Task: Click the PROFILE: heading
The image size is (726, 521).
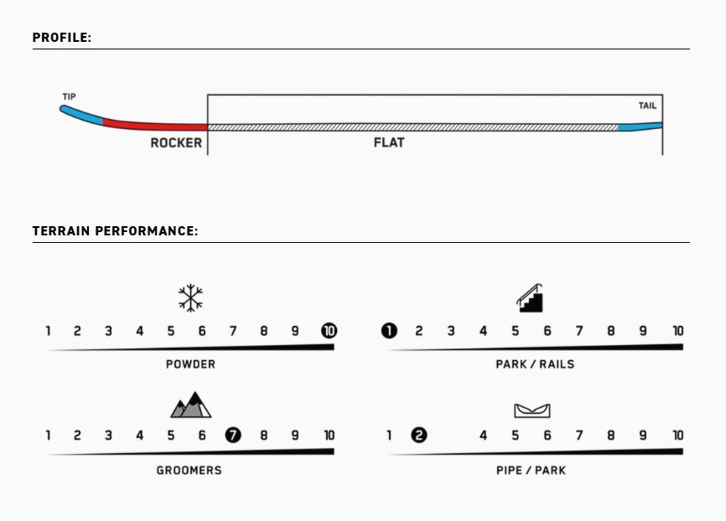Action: pos(62,38)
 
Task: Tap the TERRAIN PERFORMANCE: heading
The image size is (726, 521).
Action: pos(116,231)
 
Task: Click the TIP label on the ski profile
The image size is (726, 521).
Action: pos(69,96)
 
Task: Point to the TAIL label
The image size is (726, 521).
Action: pos(647,106)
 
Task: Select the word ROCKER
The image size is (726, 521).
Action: pos(176,143)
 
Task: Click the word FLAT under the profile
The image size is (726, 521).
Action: pos(389,142)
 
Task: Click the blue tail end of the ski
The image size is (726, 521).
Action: pos(640,126)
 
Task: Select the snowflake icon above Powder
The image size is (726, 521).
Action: pos(191,298)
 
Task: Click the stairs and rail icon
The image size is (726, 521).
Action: pos(530,298)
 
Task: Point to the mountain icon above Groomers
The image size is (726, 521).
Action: pos(191,405)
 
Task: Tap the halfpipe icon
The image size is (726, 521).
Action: pos(532,410)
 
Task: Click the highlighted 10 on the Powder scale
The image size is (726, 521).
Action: pos(329,331)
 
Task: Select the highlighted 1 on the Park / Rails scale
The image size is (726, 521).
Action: pos(389,331)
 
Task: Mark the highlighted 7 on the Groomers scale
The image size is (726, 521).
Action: pos(233,436)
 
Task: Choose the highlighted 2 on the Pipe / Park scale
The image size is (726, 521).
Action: pos(419,436)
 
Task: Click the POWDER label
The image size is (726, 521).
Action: pos(191,364)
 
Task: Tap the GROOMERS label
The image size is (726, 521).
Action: pos(189,471)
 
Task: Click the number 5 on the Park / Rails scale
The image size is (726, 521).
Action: pos(515,332)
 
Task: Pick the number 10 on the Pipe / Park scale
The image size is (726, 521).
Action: pos(678,436)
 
